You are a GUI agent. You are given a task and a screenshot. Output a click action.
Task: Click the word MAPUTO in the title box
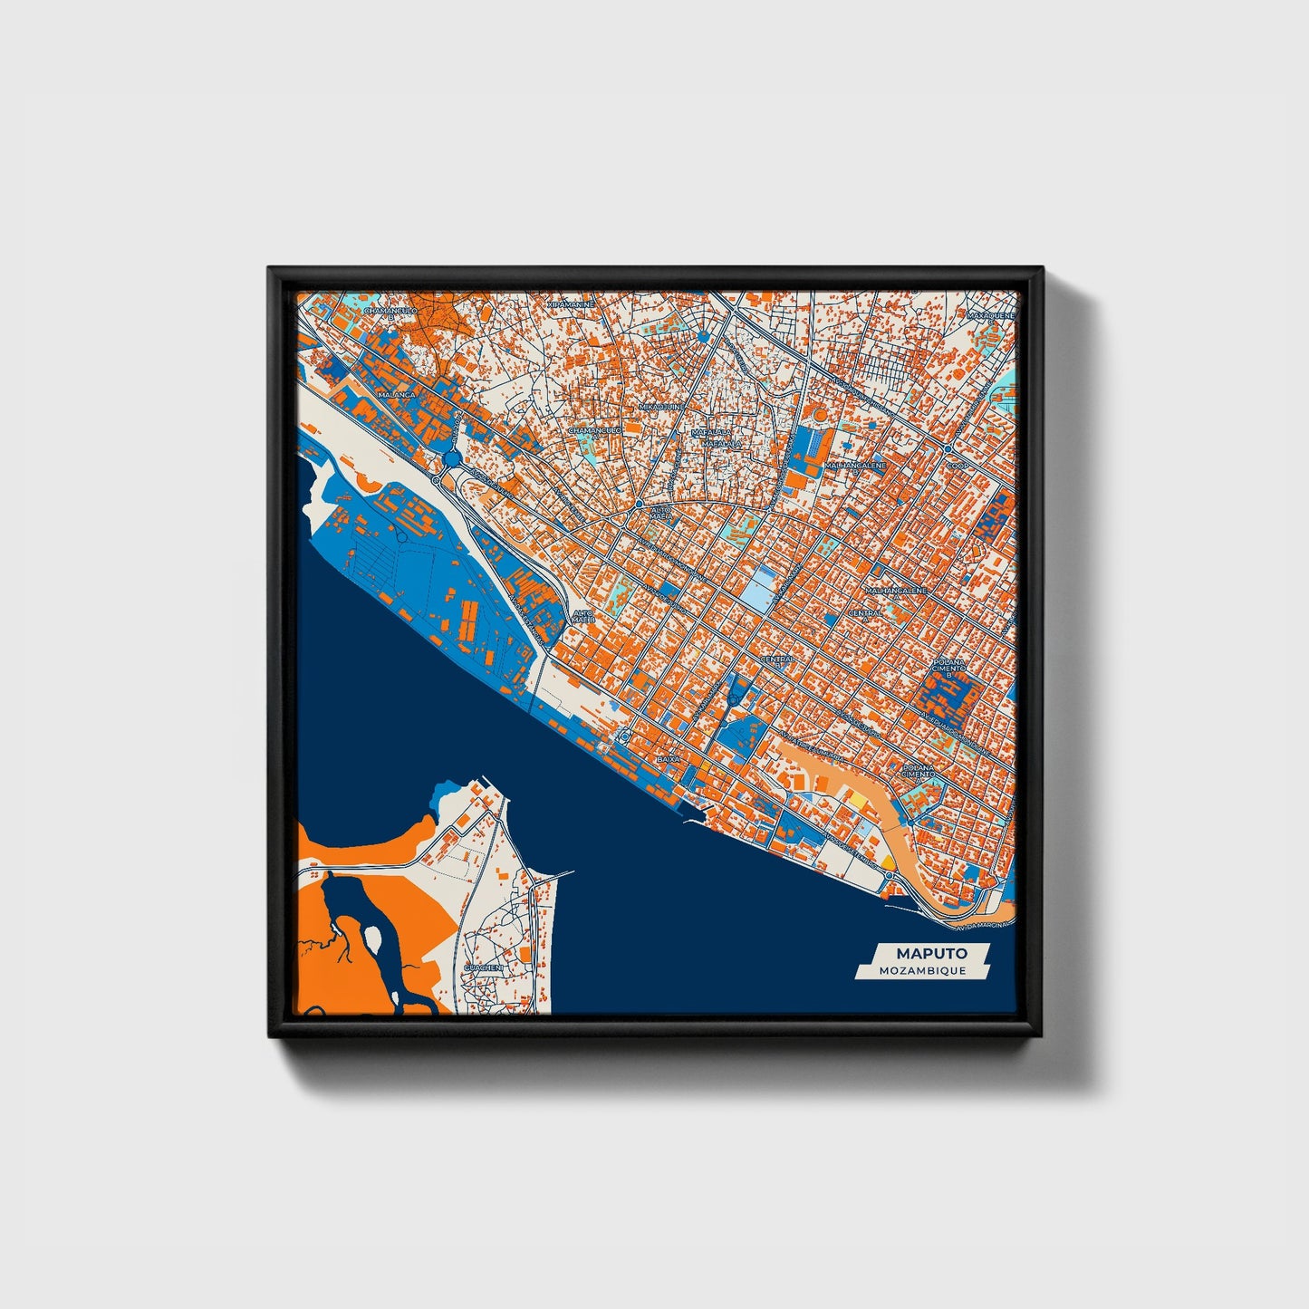pos(931,953)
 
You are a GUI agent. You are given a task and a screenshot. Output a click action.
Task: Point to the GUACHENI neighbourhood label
pos(482,967)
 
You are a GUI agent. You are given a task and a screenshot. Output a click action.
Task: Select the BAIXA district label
pos(668,758)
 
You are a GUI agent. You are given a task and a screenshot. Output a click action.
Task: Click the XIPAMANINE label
pos(572,305)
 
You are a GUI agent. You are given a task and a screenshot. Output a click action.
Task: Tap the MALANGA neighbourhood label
pos(397,396)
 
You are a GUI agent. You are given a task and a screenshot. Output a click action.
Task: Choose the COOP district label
pos(958,466)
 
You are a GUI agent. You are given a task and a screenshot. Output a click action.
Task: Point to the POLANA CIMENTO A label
pos(919,772)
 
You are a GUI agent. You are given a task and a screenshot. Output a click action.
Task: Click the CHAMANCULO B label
pos(390,313)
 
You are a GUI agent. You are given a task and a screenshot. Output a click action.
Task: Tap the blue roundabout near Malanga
pos(451,461)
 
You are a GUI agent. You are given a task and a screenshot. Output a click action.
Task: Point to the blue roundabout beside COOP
pos(946,448)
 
